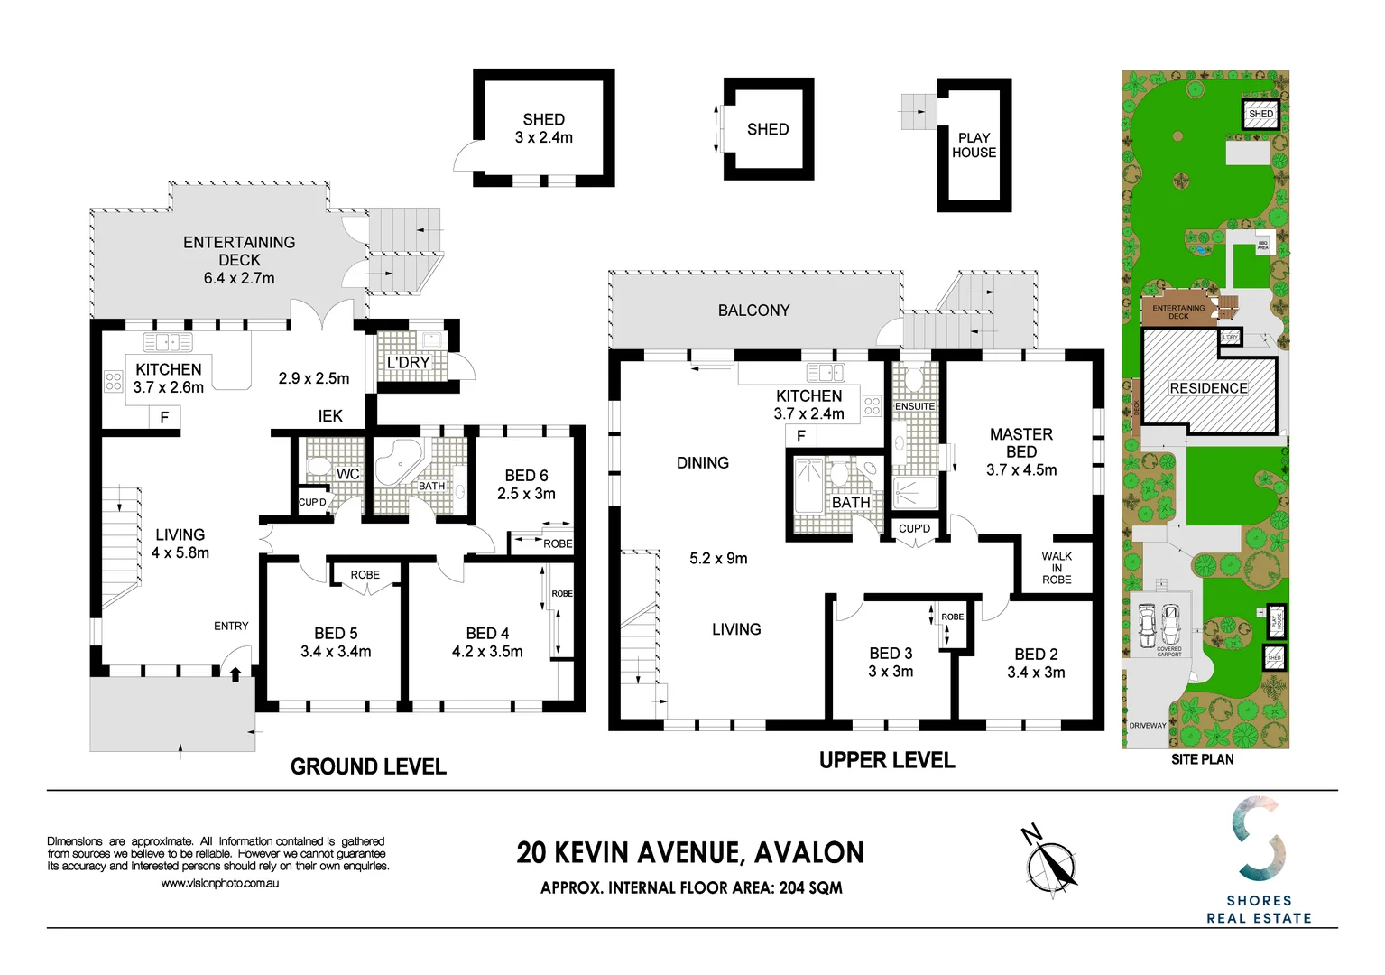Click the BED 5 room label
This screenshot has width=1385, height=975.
[x=336, y=642]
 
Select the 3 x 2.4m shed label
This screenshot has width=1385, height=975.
[x=543, y=128]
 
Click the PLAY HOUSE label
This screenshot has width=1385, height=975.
[x=974, y=145]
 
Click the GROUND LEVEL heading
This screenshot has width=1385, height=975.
[x=368, y=766]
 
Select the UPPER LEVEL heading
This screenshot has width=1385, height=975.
[x=886, y=760]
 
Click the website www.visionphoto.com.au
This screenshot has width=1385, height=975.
[x=219, y=883]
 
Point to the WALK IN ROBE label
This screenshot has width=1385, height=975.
[x=1057, y=568]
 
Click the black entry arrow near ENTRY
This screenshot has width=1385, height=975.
[x=235, y=673]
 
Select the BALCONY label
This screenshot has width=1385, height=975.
[x=753, y=311]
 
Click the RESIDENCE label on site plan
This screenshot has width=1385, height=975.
[x=1208, y=388]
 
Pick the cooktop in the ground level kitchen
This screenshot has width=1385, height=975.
[x=114, y=381]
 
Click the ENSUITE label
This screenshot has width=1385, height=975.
[x=914, y=406]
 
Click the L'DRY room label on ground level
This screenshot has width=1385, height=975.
[x=408, y=362]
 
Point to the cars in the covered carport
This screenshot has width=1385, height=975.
[x=1159, y=621]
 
